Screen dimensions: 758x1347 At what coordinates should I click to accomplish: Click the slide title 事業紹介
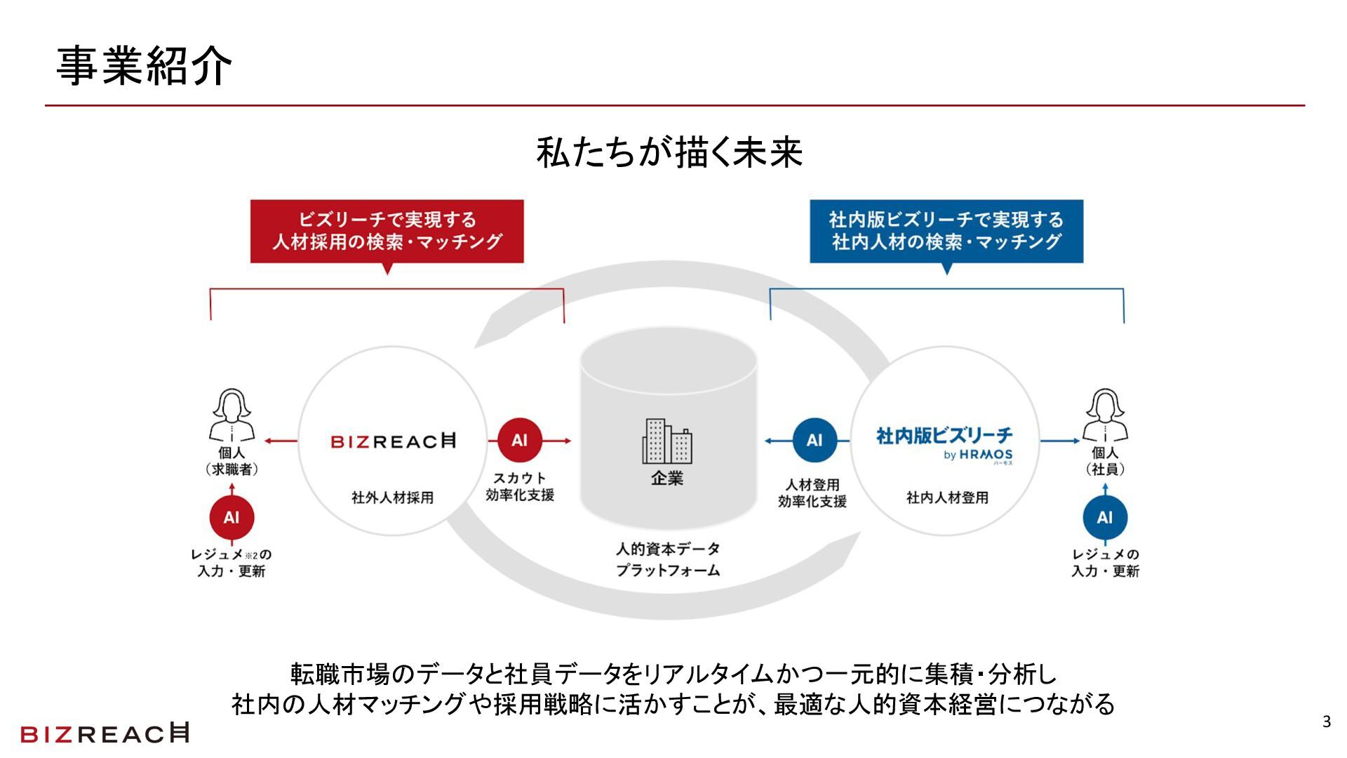coord(144,67)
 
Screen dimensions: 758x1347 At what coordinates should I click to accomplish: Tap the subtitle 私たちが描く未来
coord(669,152)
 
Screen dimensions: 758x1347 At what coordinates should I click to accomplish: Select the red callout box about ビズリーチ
coord(387,231)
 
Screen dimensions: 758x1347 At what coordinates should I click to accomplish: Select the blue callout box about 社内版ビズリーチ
coord(946,231)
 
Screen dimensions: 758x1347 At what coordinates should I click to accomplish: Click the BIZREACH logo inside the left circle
coord(393,441)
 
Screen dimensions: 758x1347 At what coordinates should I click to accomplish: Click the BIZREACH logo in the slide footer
coord(105,733)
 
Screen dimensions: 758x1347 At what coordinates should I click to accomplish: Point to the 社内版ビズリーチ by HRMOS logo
coord(944,444)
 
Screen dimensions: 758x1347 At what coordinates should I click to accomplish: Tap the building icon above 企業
coord(666,441)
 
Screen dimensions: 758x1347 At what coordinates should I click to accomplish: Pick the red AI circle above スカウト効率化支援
coord(519,441)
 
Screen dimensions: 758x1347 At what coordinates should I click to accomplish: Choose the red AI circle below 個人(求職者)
coord(232,518)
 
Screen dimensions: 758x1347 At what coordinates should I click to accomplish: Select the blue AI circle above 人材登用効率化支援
coord(814,441)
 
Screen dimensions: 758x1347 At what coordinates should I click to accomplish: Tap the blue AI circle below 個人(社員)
coord(1105,518)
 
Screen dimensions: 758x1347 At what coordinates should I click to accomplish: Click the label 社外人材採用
coord(393,498)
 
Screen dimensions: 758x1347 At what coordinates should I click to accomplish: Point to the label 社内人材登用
coord(947,498)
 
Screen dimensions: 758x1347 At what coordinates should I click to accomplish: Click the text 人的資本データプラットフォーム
coord(668,559)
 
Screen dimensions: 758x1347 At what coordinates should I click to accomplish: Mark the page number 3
coord(1326,722)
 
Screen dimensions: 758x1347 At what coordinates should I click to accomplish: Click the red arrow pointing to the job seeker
coord(281,441)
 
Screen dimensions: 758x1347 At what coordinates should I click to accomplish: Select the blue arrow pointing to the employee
coord(1059,441)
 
